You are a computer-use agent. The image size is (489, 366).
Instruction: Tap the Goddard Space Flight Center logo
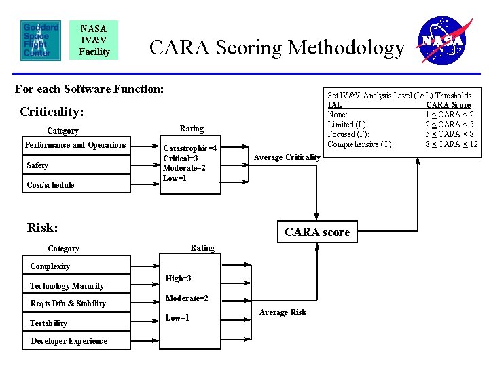(41, 40)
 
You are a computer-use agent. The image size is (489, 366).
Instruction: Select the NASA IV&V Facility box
(94, 40)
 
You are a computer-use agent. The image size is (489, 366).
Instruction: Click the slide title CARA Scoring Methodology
(276, 48)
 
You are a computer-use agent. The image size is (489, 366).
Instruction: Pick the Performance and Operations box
(75, 145)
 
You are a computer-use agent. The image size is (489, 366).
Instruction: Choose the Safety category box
(75, 165)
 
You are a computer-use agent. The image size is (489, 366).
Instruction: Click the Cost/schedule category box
(75, 184)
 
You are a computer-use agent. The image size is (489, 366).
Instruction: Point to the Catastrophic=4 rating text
(189, 148)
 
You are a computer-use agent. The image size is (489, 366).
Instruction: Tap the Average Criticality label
(287, 157)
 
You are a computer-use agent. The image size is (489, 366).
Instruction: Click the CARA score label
(317, 232)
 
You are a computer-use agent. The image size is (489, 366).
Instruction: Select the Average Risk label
(284, 312)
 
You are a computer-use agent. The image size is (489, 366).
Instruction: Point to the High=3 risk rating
(179, 279)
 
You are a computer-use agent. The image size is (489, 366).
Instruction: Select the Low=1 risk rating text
(178, 318)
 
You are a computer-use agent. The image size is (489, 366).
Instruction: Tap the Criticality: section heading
(52, 111)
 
